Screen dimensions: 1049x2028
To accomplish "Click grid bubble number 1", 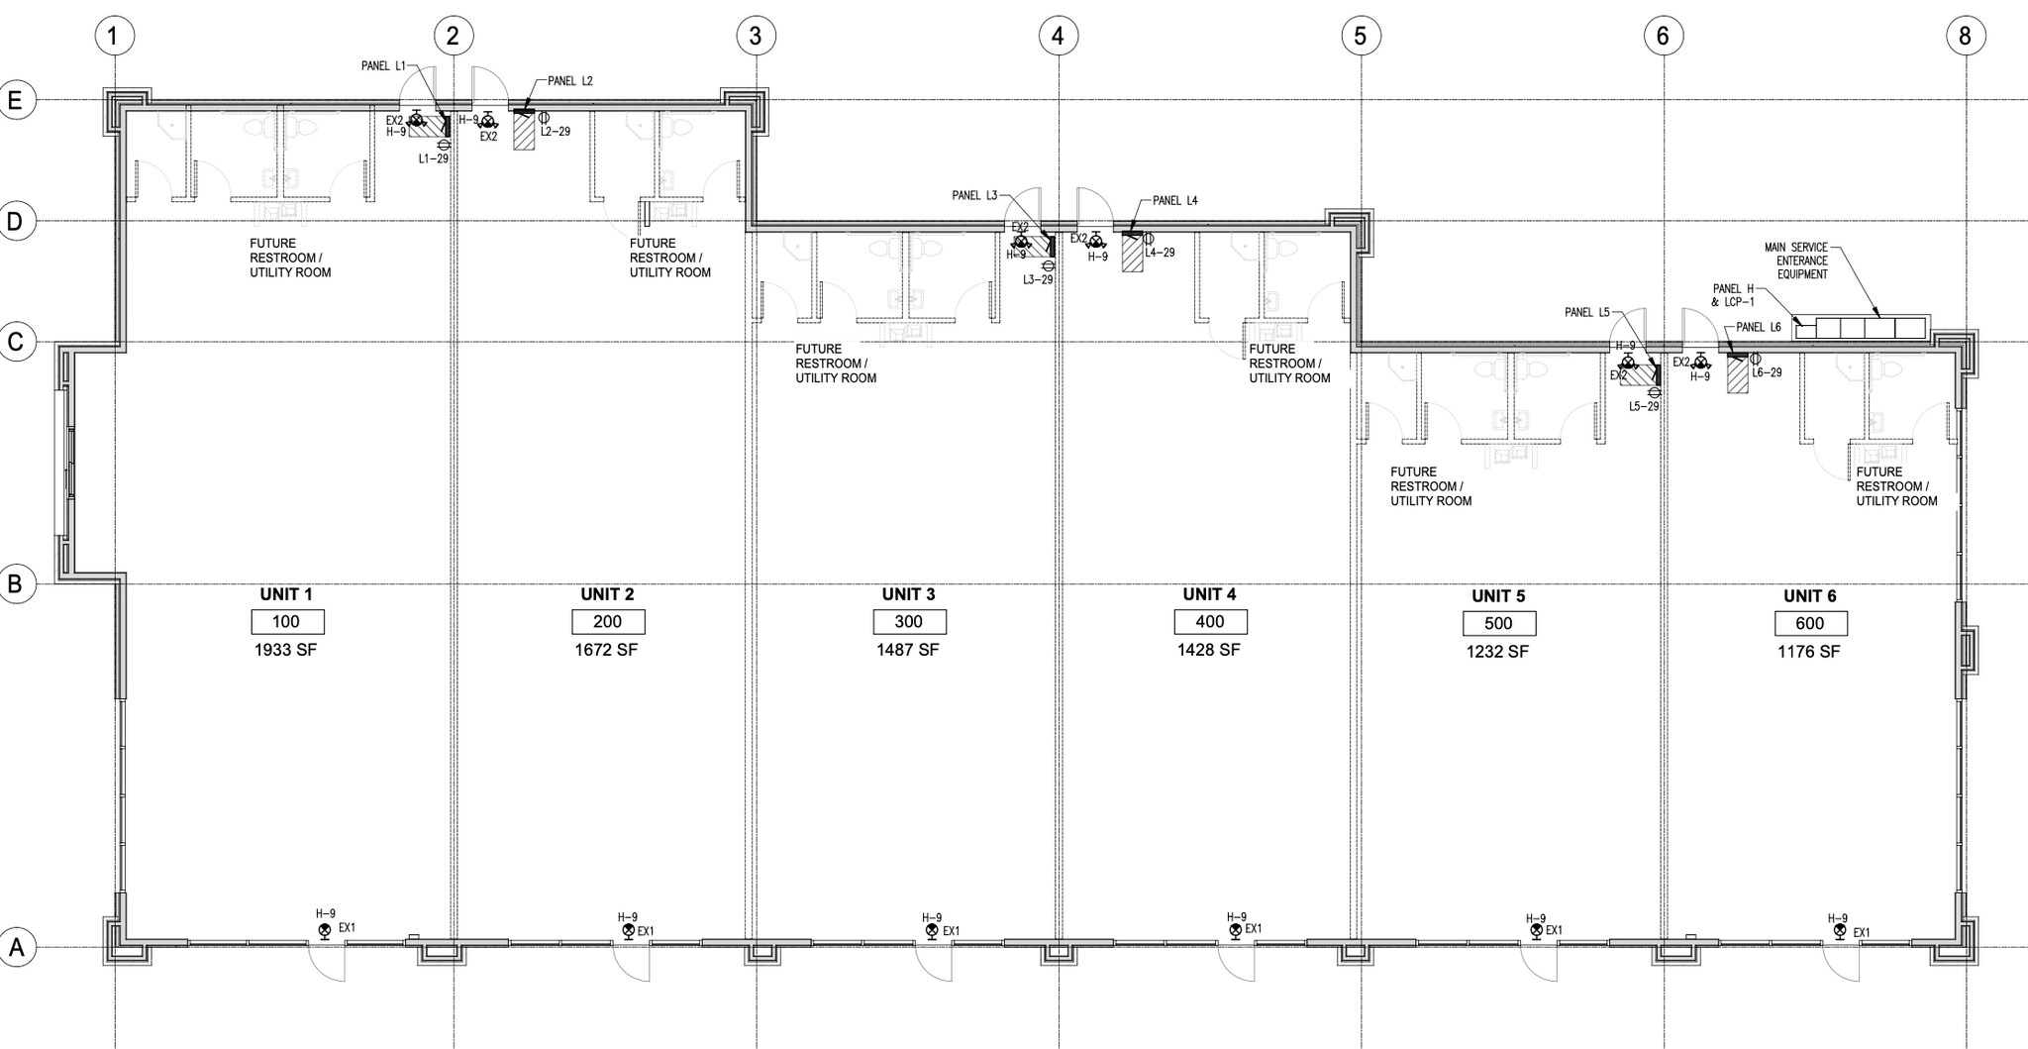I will pos(114,37).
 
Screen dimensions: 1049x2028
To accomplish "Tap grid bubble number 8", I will pos(1965,37).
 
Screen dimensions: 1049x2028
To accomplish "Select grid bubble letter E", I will pos(16,100).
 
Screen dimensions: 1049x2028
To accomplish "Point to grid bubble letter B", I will pos(16,584).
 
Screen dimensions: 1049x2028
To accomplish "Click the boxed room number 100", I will pos(287,622).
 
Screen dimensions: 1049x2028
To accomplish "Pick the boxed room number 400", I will pos(1210,622).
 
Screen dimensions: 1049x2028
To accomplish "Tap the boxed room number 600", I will pos(1810,624).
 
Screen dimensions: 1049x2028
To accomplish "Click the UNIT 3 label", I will pos(908,594).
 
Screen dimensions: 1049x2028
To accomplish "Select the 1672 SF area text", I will pos(607,650).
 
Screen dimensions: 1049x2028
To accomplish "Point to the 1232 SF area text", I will pos(1497,652).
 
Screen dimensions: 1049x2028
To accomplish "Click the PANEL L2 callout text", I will pos(569,81).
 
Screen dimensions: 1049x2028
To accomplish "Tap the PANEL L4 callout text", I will pos(1174,201).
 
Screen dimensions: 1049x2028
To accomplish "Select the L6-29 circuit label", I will pos(1767,373).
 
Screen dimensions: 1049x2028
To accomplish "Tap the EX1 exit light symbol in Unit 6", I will pos(1839,931).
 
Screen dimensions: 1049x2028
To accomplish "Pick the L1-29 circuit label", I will pos(434,158).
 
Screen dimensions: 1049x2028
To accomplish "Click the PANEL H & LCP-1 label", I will pos(1733,294).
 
